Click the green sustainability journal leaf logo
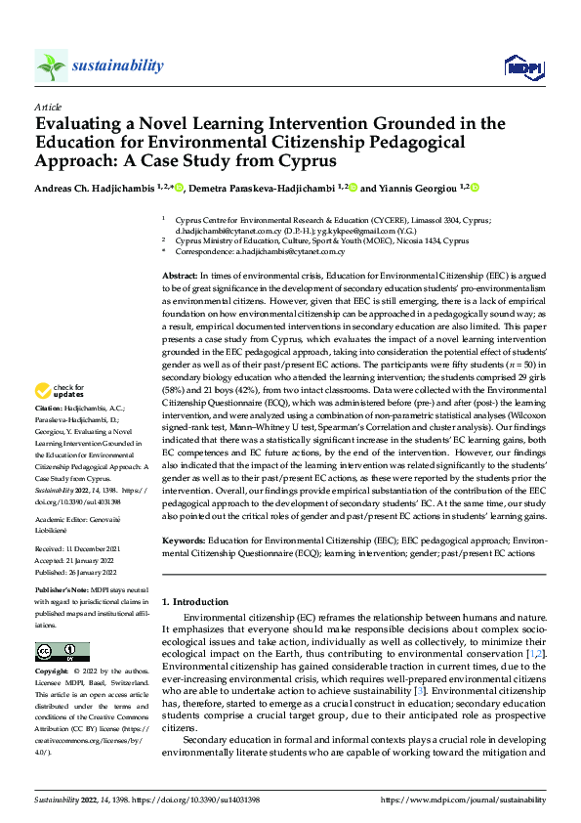[x=50, y=66]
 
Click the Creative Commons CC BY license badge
[x=62, y=651]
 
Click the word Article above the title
[x=48, y=106]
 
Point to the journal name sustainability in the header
[x=118, y=65]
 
